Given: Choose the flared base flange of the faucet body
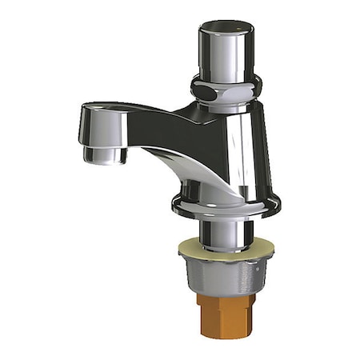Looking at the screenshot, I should [226, 206].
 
